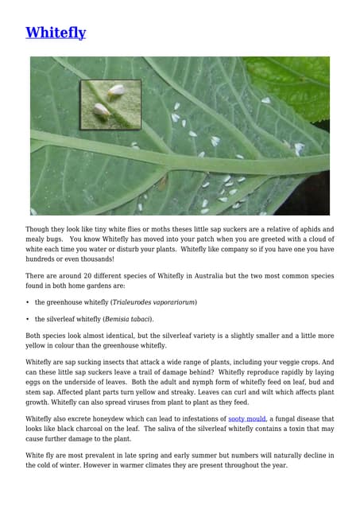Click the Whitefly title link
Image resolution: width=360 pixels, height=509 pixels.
click(56, 33)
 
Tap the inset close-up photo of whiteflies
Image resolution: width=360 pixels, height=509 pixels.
click(110, 103)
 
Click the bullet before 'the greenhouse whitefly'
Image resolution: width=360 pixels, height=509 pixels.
click(28, 302)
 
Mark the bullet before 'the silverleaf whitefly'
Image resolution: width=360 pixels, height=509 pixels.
click(28, 319)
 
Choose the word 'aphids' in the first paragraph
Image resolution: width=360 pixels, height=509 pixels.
click(302, 229)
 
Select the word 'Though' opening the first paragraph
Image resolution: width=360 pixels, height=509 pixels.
click(39, 229)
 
